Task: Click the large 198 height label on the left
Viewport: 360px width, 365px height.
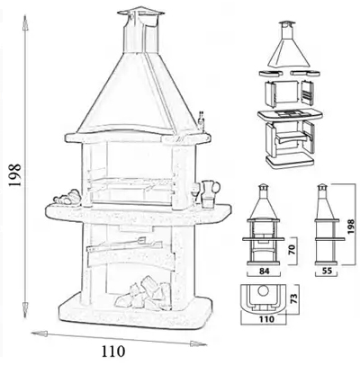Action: point(15,175)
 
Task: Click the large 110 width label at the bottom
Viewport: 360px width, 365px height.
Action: point(112,351)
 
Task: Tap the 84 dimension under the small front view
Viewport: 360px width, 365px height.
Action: point(264,272)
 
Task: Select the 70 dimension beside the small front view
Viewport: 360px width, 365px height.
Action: point(292,249)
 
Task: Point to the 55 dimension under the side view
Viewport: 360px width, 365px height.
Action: point(327,272)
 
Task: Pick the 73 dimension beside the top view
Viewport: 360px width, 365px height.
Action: point(294,298)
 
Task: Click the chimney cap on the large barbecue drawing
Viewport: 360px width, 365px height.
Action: point(140,12)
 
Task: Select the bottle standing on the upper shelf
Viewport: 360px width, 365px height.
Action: point(202,121)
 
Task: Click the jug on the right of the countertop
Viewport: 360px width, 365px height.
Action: point(210,193)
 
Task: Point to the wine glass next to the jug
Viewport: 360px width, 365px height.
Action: point(195,192)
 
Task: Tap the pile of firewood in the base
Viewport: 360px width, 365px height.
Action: point(145,293)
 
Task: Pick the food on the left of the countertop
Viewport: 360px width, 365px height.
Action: point(67,198)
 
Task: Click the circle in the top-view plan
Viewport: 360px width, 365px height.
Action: point(264,290)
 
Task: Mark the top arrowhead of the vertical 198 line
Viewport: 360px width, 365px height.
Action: point(25,23)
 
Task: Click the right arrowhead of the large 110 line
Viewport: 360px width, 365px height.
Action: point(198,343)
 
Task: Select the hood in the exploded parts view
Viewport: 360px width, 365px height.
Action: point(290,45)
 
